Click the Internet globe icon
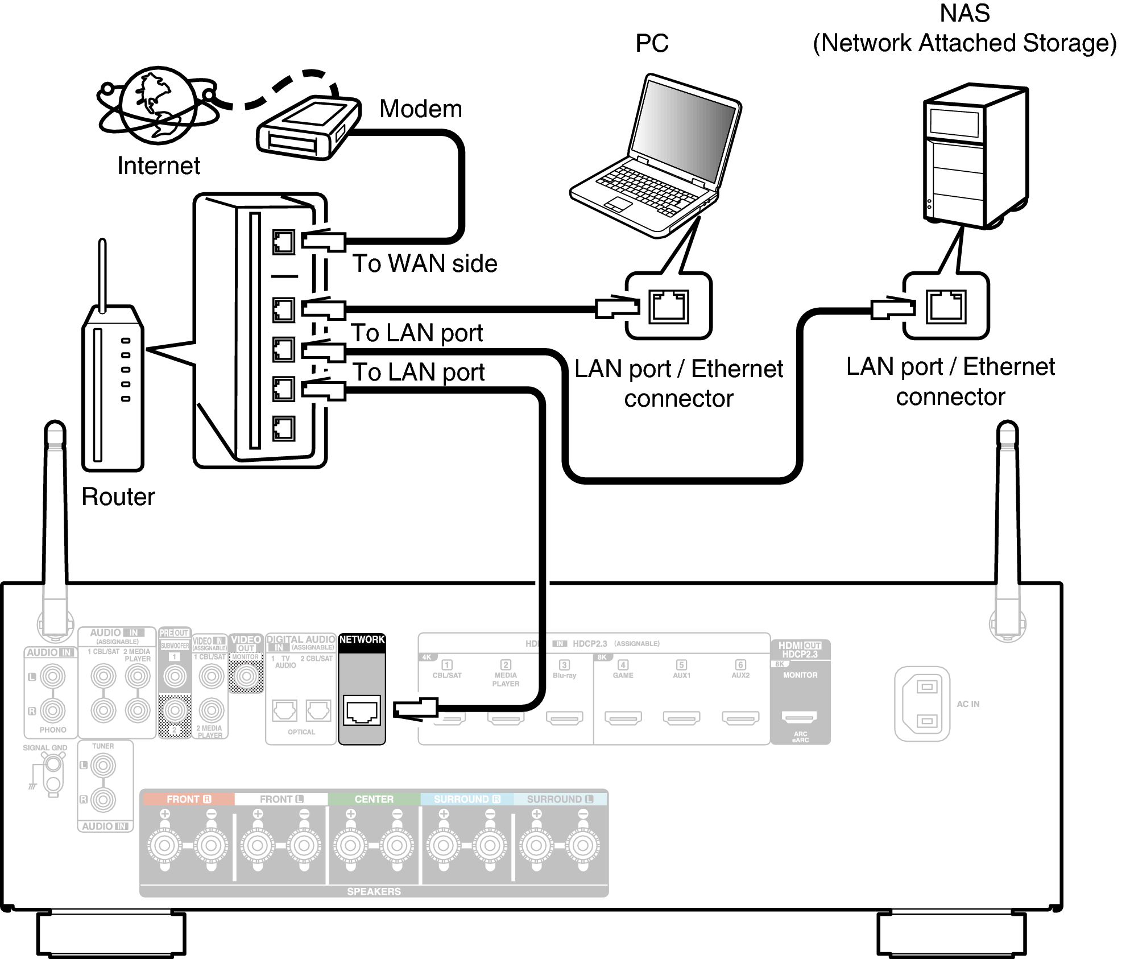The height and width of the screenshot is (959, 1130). click(158, 106)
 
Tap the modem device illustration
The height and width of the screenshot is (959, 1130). click(307, 129)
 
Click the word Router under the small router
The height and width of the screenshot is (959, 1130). click(118, 497)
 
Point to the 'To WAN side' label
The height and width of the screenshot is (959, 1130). click(424, 264)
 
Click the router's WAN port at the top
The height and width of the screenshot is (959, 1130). click(283, 242)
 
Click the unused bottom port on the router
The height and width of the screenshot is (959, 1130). click(283, 428)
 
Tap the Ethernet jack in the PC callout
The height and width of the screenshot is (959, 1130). click(669, 307)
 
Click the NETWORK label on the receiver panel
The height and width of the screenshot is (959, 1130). click(362, 639)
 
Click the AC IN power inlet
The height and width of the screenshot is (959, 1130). click(922, 704)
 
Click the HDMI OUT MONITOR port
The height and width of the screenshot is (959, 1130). click(800, 717)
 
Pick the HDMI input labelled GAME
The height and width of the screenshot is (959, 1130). click(623, 718)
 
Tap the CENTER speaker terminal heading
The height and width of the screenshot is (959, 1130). click(374, 799)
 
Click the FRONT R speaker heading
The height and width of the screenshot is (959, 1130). click(188, 799)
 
